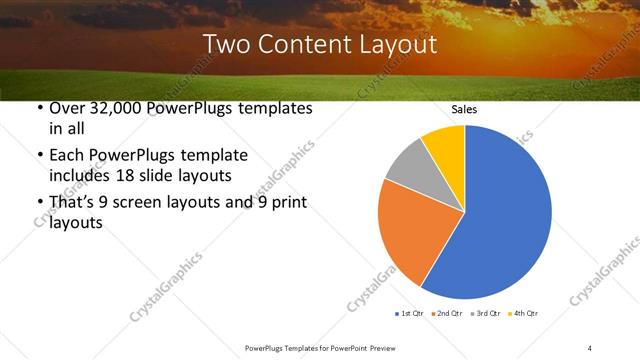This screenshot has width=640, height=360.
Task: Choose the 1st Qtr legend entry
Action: [x=410, y=313]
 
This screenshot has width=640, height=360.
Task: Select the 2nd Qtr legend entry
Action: [x=446, y=313]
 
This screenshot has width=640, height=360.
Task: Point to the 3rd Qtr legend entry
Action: [x=483, y=313]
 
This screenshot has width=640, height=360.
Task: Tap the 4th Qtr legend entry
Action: [x=523, y=313]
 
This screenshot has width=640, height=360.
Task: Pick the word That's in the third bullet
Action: [x=71, y=203]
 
